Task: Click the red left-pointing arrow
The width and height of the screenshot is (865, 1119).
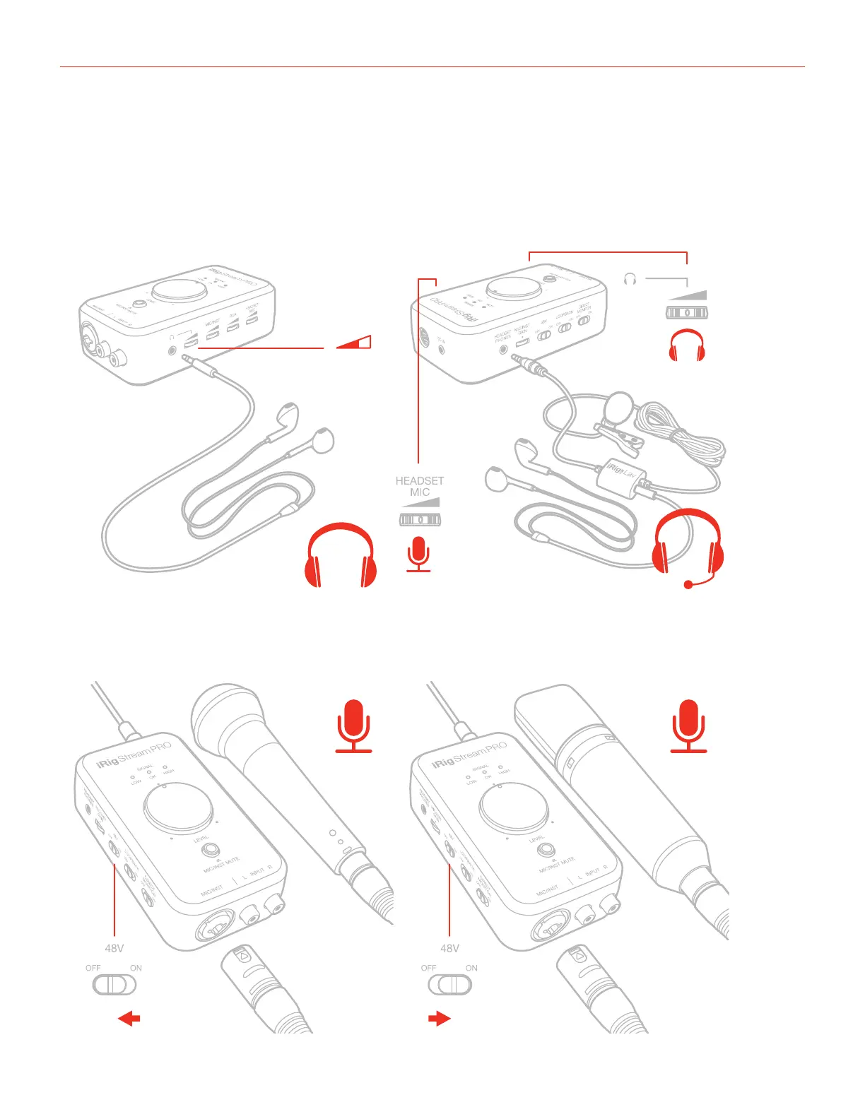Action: coord(129,1019)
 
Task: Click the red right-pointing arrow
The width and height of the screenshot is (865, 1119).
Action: coord(439,1019)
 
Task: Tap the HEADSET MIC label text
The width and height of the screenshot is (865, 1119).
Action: coord(420,486)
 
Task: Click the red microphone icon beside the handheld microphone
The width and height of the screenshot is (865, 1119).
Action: coord(353,726)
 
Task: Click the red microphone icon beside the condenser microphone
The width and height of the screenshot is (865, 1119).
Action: coord(688,726)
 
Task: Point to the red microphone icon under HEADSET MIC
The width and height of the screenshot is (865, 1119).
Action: coord(419,553)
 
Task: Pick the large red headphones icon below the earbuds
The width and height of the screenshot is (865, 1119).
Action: coord(341,555)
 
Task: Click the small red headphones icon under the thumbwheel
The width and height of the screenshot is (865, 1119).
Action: coord(687,345)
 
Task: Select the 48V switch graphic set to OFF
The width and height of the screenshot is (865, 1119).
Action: coord(114,984)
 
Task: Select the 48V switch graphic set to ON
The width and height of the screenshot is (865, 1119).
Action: coord(449,984)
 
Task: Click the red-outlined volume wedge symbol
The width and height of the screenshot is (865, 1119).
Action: coord(353,343)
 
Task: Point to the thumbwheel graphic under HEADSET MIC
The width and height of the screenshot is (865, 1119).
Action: coord(420,520)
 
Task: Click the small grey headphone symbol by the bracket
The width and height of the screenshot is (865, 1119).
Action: coord(630,279)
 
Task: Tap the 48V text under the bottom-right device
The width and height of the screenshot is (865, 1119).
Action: coord(449,948)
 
